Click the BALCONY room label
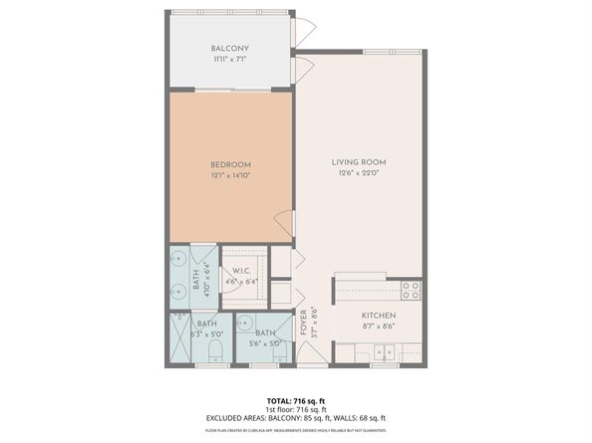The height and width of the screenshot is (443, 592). pyautogui.click(x=230, y=49)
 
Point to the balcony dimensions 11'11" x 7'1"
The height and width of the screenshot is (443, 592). pyautogui.click(x=230, y=60)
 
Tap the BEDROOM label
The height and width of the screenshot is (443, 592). pyautogui.click(x=230, y=164)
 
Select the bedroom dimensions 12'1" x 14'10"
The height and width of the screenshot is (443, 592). pyautogui.click(x=230, y=176)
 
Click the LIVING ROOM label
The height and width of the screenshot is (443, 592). pyautogui.click(x=359, y=161)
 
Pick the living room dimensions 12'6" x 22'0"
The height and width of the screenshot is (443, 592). pyautogui.click(x=359, y=173)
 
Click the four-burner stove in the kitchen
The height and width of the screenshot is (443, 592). pyautogui.click(x=410, y=290)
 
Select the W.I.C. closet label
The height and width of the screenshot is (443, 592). pyautogui.click(x=241, y=272)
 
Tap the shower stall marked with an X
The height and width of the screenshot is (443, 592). pyautogui.click(x=179, y=338)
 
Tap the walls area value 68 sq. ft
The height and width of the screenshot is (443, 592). pyautogui.click(x=371, y=418)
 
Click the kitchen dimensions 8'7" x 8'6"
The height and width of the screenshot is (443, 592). pyautogui.click(x=379, y=325)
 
